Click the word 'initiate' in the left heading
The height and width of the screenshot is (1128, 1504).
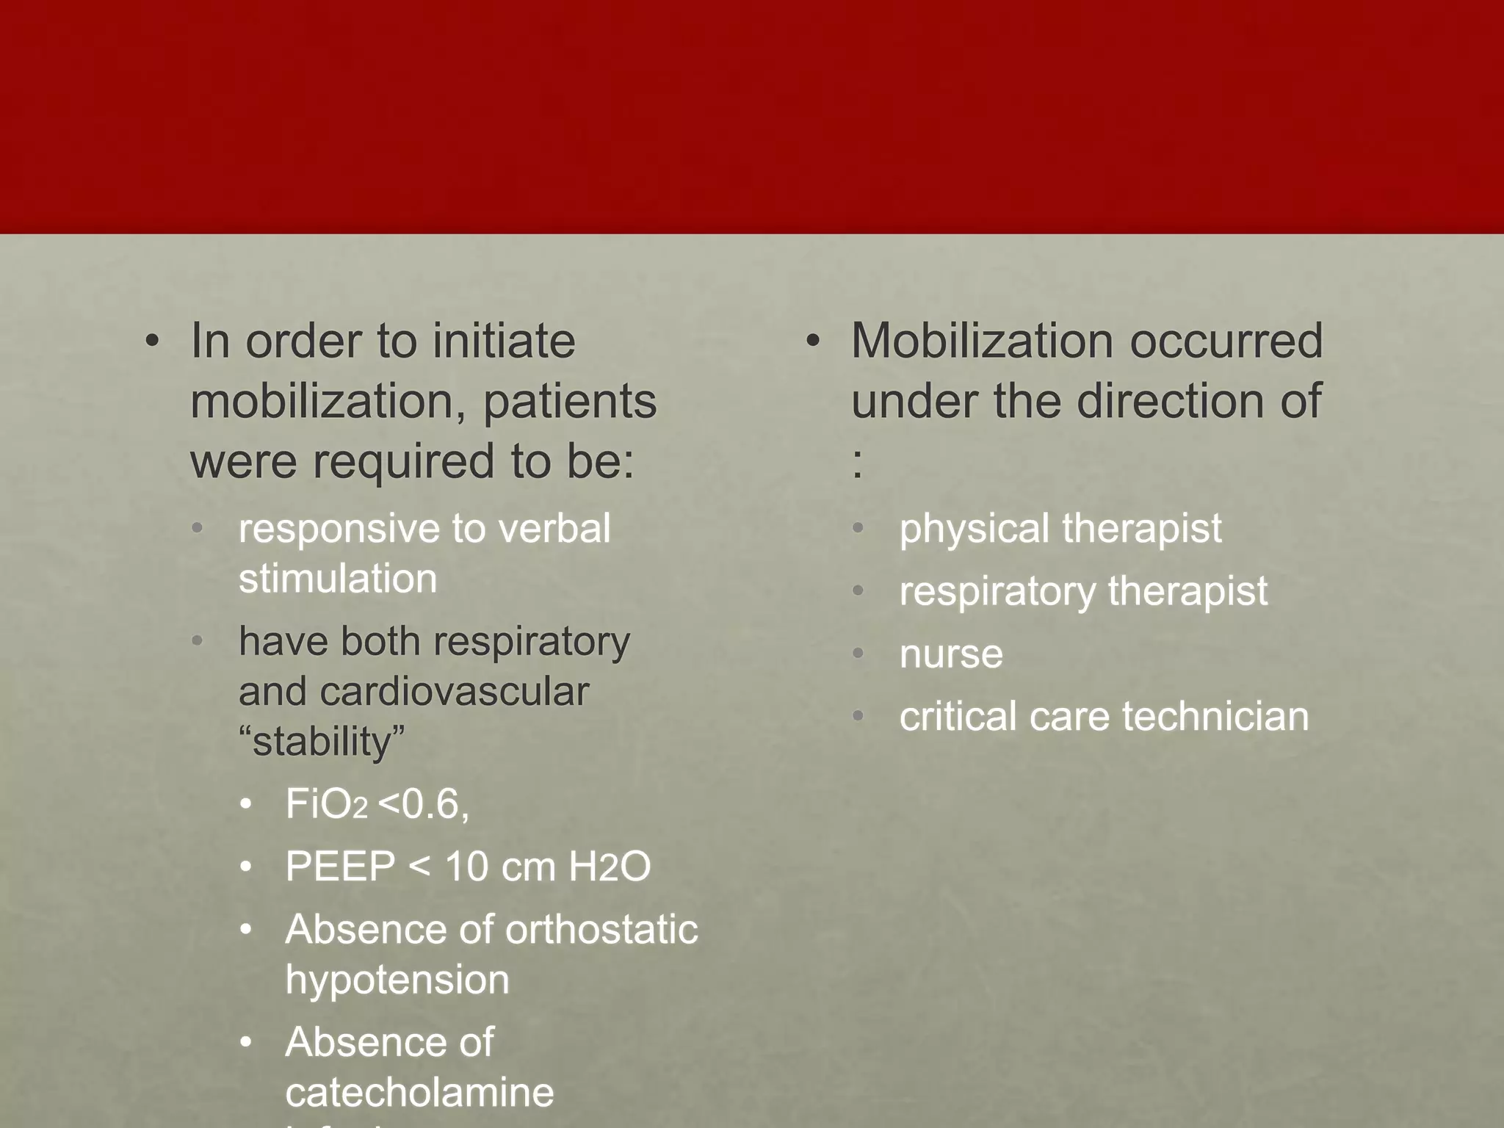(x=504, y=341)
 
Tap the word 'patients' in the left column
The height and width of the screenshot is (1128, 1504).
(x=569, y=402)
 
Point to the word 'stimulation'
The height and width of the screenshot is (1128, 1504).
(x=338, y=579)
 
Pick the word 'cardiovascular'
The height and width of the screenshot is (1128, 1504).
(x=454, y=692)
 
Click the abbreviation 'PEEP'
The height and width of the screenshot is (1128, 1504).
(x=340, y=867)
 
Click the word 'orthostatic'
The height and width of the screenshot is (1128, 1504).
(x=601, y=930)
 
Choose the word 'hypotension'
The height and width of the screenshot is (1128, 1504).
(x=397, y=980)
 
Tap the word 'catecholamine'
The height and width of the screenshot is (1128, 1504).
(x=419, y=1093)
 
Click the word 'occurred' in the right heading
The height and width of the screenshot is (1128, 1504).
(x=1226, y=341)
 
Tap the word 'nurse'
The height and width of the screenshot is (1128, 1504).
(x=951, y=654)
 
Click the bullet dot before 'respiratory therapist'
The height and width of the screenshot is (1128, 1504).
(x=858, y=591)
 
